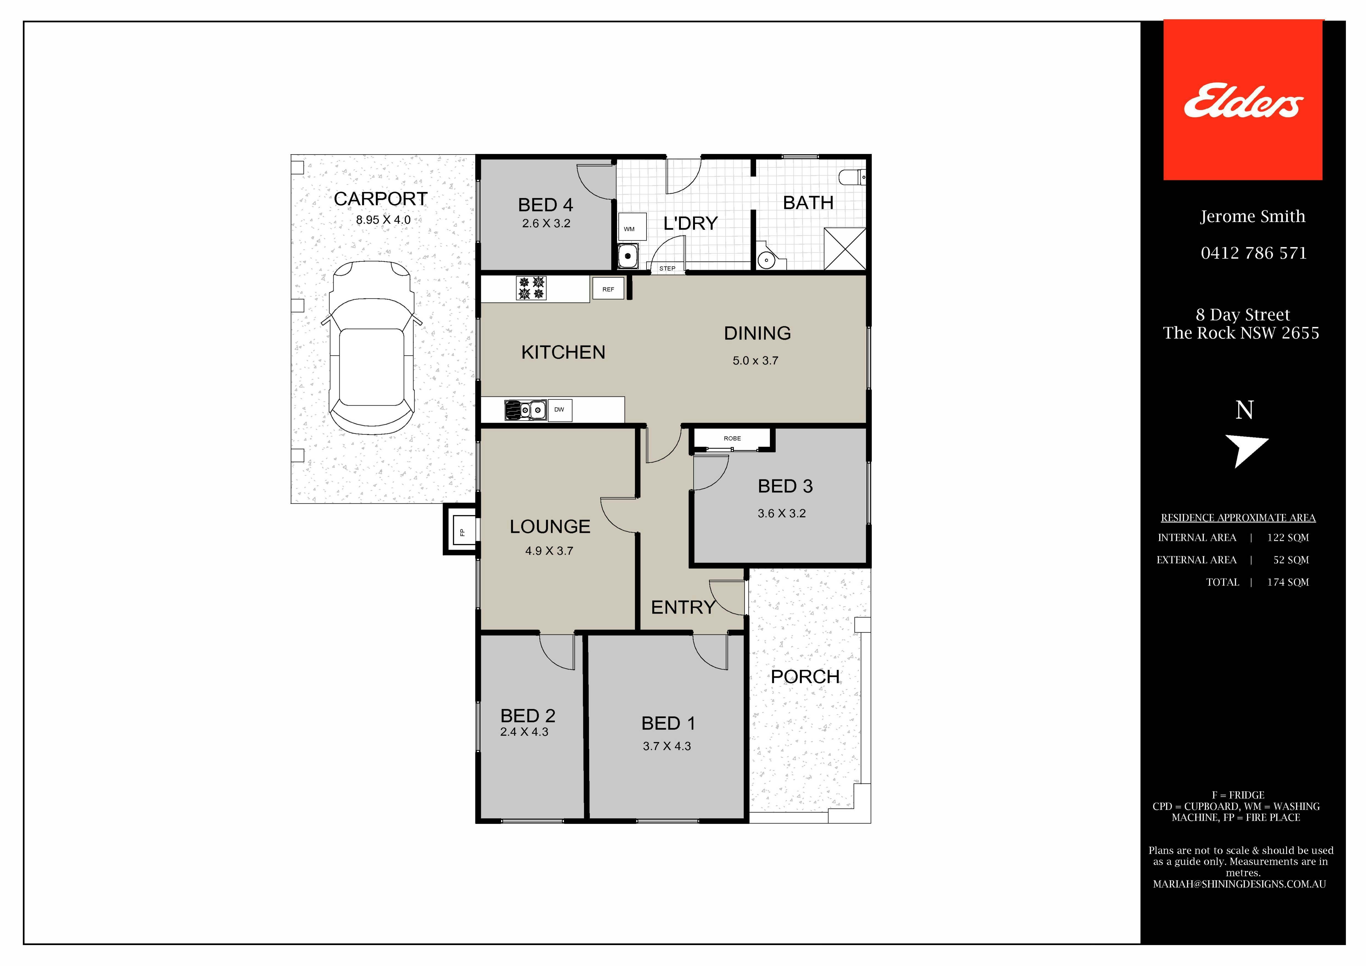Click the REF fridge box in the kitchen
pyautogui.click(x=608, y=289)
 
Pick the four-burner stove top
pyautogui.click(x=531, y=288)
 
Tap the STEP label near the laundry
pyautogui.click(x=667, y=268)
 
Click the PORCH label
pyautogui.click(x=805, y=677)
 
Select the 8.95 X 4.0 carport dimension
pyautogui.click(x=383, y=220)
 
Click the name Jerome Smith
pyautogui.click(x=1252, y=217)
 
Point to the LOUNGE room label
pyautogui.click(x=550, y=527)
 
